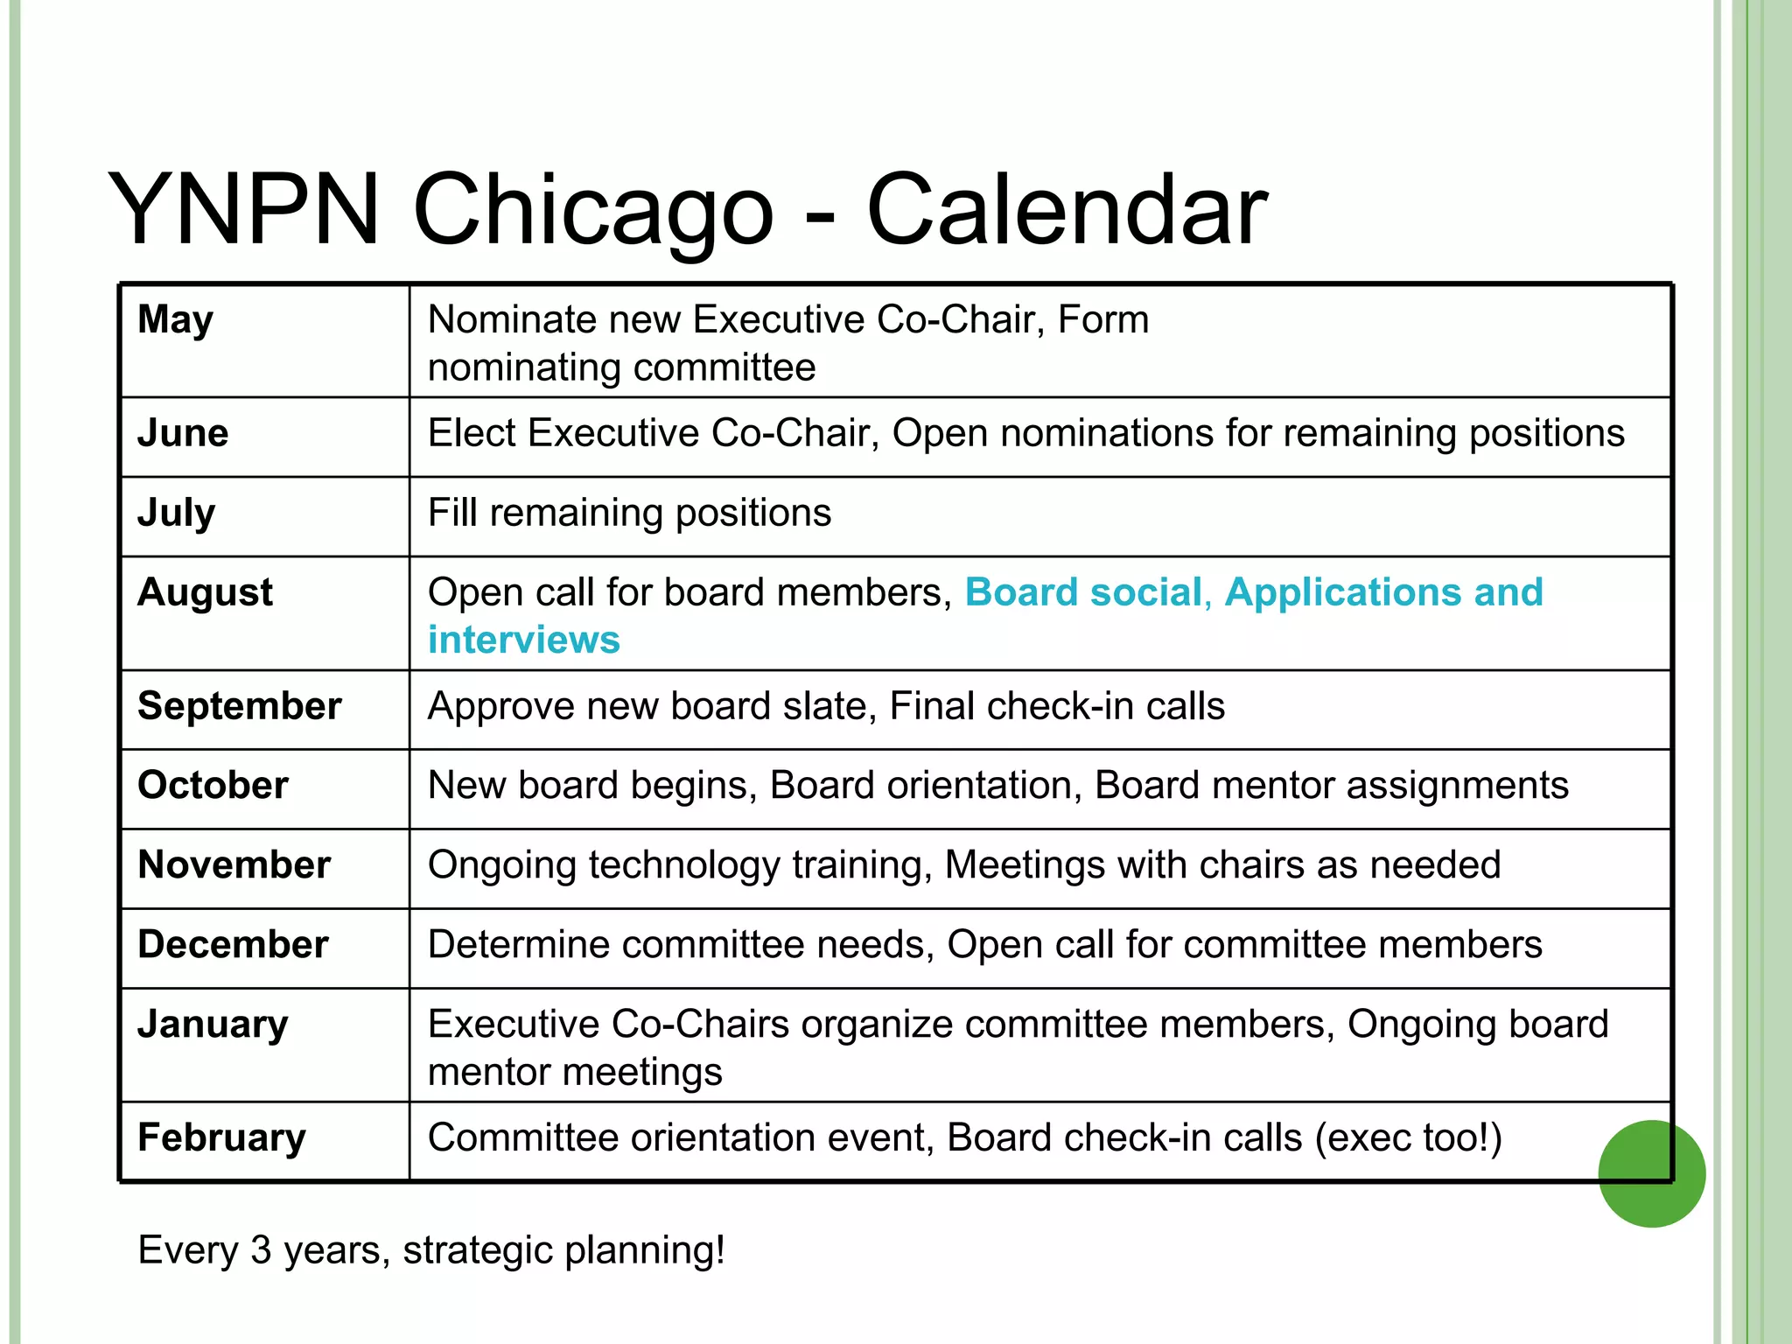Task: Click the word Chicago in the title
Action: [x=593, y=210]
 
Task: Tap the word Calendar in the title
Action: [x=1066, y=210]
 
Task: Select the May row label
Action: [x=175, y=320]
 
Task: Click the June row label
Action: [x=183, y=433]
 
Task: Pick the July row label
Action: [x=176, y=513]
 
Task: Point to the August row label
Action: [x=205, y=592]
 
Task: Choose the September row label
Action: [x=239, y=706]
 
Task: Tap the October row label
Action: [x=213, y=785]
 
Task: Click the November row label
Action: [x=234, y=864]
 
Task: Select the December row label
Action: [x=233, y=944]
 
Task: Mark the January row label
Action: [x=213, y=1024]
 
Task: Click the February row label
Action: [x=221, y=1137]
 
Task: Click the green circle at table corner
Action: [x=1651, y=1173]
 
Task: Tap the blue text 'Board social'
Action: [x=1083, y=592]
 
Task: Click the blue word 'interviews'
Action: [x=523, y=640]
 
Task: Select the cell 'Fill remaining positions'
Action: [x=629, y=513]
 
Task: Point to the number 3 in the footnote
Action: [x=261, y=1249]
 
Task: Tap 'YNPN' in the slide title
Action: [x=244, y=210]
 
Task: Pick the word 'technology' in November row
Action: [x=683, y=865]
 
